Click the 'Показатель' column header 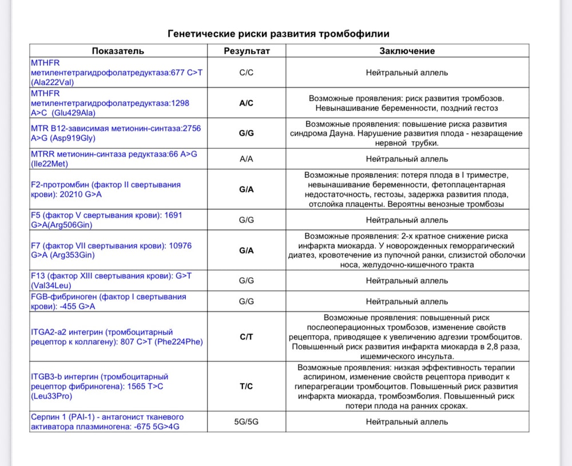tap(118, 51)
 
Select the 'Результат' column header tap(247, 51)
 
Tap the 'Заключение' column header tap(407, 51)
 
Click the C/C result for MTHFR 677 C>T tap(247, 73)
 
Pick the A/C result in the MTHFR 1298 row tap(247, 103)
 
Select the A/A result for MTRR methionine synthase tap(247, 159)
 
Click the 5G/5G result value tap(247, 422)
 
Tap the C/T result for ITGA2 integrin tap(247, 337)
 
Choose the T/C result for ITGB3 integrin tap(247, 386)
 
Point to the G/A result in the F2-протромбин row tap(247, 189)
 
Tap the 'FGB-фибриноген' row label tap(108, 301)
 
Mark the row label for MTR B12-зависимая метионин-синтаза tap(116, 133)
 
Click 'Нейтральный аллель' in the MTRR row tap(407, 159)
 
